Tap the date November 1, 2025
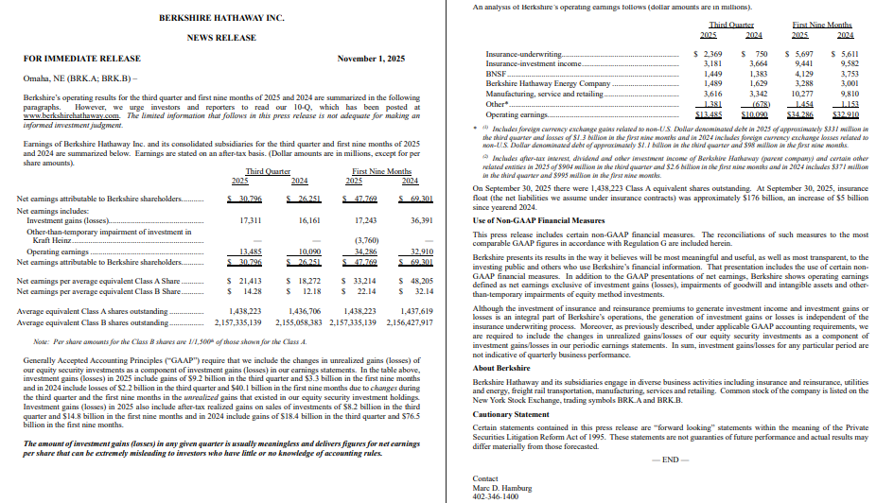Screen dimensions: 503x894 371,59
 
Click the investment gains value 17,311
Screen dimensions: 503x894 248,219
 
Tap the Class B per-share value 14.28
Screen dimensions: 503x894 250,291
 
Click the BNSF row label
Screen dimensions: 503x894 494,73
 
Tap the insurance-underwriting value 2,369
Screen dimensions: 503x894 709,56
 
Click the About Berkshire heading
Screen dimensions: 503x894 500,367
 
